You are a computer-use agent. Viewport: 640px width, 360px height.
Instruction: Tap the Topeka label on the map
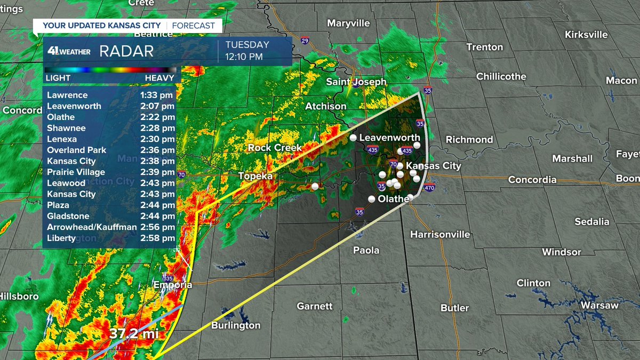pyautogui.click(x=255, y=176)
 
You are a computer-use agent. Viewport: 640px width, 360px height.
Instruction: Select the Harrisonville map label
pyautogui.click(x=440, y=235)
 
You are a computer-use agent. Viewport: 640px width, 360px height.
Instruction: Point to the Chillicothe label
pyautogui.click(x=501, y=76)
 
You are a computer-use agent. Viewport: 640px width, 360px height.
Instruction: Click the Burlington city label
pyautogui.click(x=236, y=325)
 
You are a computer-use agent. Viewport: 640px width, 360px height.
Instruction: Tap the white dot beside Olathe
pyautogui.click(x=372, y=199)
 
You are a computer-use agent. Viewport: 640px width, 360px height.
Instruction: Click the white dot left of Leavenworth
pyautogui.click(x=353, y=138)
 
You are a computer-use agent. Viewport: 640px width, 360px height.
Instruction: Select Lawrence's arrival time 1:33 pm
pyautogui.click(x=157, y=95)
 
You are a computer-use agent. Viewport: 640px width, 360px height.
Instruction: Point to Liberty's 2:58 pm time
pyautogui.click(x=157, y=238)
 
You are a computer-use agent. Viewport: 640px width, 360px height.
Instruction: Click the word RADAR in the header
pyautogui.click(x=126, y=51)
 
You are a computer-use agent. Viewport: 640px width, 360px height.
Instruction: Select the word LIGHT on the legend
pyautogui.click(x=58, y=78)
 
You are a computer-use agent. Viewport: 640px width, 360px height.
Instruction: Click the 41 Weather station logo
pyautogui.click(x=69, y=51)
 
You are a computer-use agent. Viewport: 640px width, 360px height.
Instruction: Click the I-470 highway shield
pyautogui.click(x=430, y=188)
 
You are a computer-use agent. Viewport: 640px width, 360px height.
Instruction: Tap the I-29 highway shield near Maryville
pyautogui.click(x=305, y=40)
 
